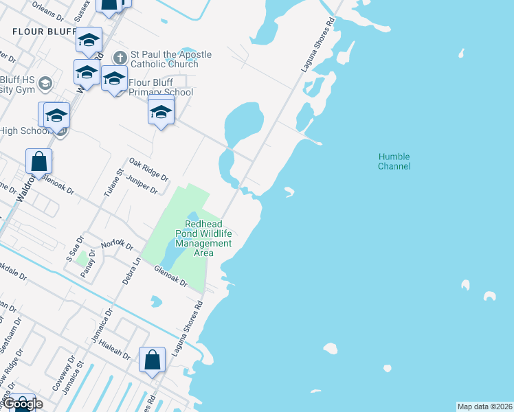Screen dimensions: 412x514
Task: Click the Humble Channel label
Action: pos(394,161)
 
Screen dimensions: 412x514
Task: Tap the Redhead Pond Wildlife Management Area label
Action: pos(208,238)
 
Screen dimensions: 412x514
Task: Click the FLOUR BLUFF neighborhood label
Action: pos(44,32)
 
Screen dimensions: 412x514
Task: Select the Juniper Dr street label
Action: pos(144,183)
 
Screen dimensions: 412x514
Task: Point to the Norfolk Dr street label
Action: pos(116,244)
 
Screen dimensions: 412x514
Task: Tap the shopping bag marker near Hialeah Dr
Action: pos(152,360)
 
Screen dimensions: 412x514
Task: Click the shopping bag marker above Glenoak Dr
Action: pos(39,161)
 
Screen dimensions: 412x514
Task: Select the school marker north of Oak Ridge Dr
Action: pos(161,112)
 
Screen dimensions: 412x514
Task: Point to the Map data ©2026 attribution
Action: pos(484,407)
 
